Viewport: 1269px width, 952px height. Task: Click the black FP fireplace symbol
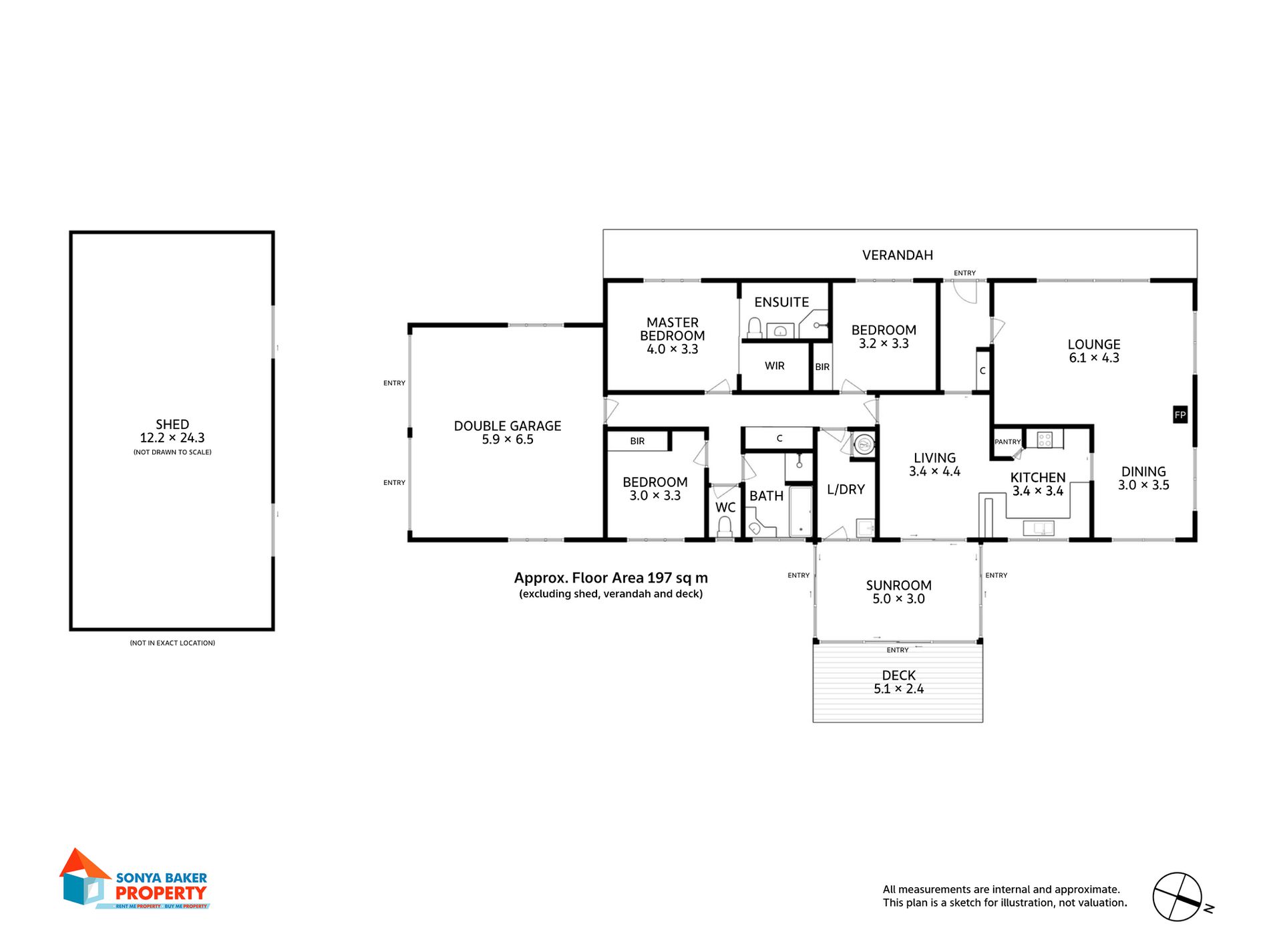click(1180, 415)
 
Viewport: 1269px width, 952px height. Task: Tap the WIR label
click(775, 366)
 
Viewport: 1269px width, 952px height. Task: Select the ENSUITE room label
click(781, 302)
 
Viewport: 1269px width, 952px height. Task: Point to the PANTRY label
click(1007, 442)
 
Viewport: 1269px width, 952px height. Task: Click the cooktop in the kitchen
click(1045, 439)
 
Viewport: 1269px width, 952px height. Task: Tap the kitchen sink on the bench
click(1039, 528)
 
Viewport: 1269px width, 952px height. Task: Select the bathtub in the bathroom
click(801, 511)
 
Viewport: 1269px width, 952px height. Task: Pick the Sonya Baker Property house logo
click(84, 877)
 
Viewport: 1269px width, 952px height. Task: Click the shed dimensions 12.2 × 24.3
click(172, 438)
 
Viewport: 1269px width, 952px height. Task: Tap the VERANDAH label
click(897, 255)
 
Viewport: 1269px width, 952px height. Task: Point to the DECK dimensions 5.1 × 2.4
click(898, 689)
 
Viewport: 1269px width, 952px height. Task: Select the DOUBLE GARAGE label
click(508, 426)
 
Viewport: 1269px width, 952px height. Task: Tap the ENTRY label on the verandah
click(964, 273)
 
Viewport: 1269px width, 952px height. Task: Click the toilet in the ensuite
click(755, 327)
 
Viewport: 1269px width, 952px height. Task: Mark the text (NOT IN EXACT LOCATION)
click(172, 643)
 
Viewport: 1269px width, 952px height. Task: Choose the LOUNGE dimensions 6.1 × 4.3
click(1094, 358)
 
